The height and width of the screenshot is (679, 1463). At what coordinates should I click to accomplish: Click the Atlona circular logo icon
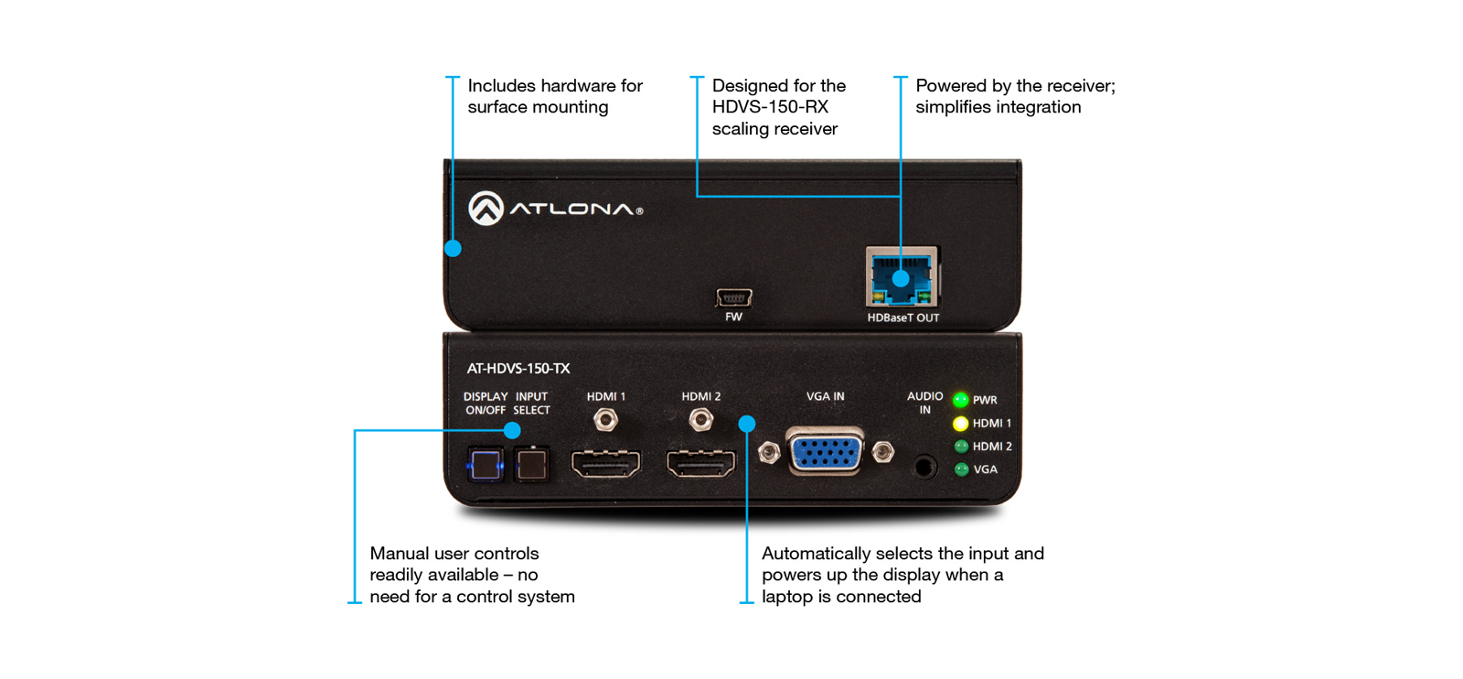486,209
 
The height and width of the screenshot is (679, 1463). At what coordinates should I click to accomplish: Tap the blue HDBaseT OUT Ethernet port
902,277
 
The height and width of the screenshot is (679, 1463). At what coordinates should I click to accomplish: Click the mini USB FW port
733,297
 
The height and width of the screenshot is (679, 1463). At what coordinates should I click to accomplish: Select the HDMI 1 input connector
605,464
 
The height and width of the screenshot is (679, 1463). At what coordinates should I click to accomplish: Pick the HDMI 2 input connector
700,464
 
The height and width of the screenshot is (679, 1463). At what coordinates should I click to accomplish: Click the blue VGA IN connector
826,452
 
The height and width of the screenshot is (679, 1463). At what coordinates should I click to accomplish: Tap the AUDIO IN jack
924,467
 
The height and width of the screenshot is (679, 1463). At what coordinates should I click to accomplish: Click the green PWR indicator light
960,400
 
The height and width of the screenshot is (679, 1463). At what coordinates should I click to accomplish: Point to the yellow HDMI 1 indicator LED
960,424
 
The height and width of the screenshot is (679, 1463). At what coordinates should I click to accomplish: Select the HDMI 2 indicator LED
961,447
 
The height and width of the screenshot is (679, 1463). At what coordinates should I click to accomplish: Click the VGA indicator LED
961,469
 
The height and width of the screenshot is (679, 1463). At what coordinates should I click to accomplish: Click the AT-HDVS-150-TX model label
518,369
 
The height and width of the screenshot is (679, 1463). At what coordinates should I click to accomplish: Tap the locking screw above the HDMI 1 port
605,420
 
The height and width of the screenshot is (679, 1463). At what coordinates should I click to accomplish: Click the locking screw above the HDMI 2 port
700,420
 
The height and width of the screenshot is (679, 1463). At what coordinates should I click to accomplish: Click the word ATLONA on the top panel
571,210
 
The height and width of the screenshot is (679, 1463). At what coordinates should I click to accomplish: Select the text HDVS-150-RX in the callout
770,107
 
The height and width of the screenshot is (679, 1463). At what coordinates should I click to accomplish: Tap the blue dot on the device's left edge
453,248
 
